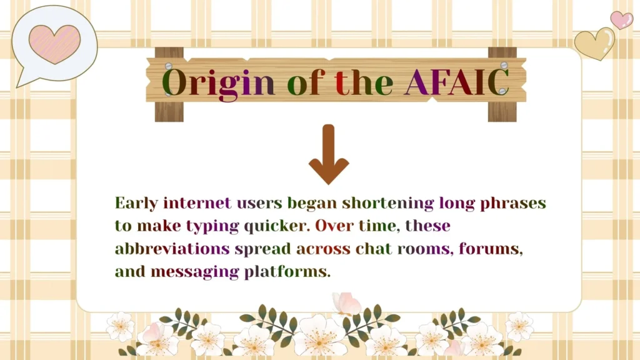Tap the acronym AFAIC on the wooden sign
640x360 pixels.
pos(456,82)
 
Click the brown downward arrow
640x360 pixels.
pos(329,154)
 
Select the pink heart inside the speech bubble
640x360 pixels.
pos(54,44)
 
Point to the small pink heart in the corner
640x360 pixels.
pos(621,20)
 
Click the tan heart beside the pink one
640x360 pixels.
pos(594,43)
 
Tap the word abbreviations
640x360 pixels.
pos(172,249)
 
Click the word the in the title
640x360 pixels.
pos(364,82)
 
